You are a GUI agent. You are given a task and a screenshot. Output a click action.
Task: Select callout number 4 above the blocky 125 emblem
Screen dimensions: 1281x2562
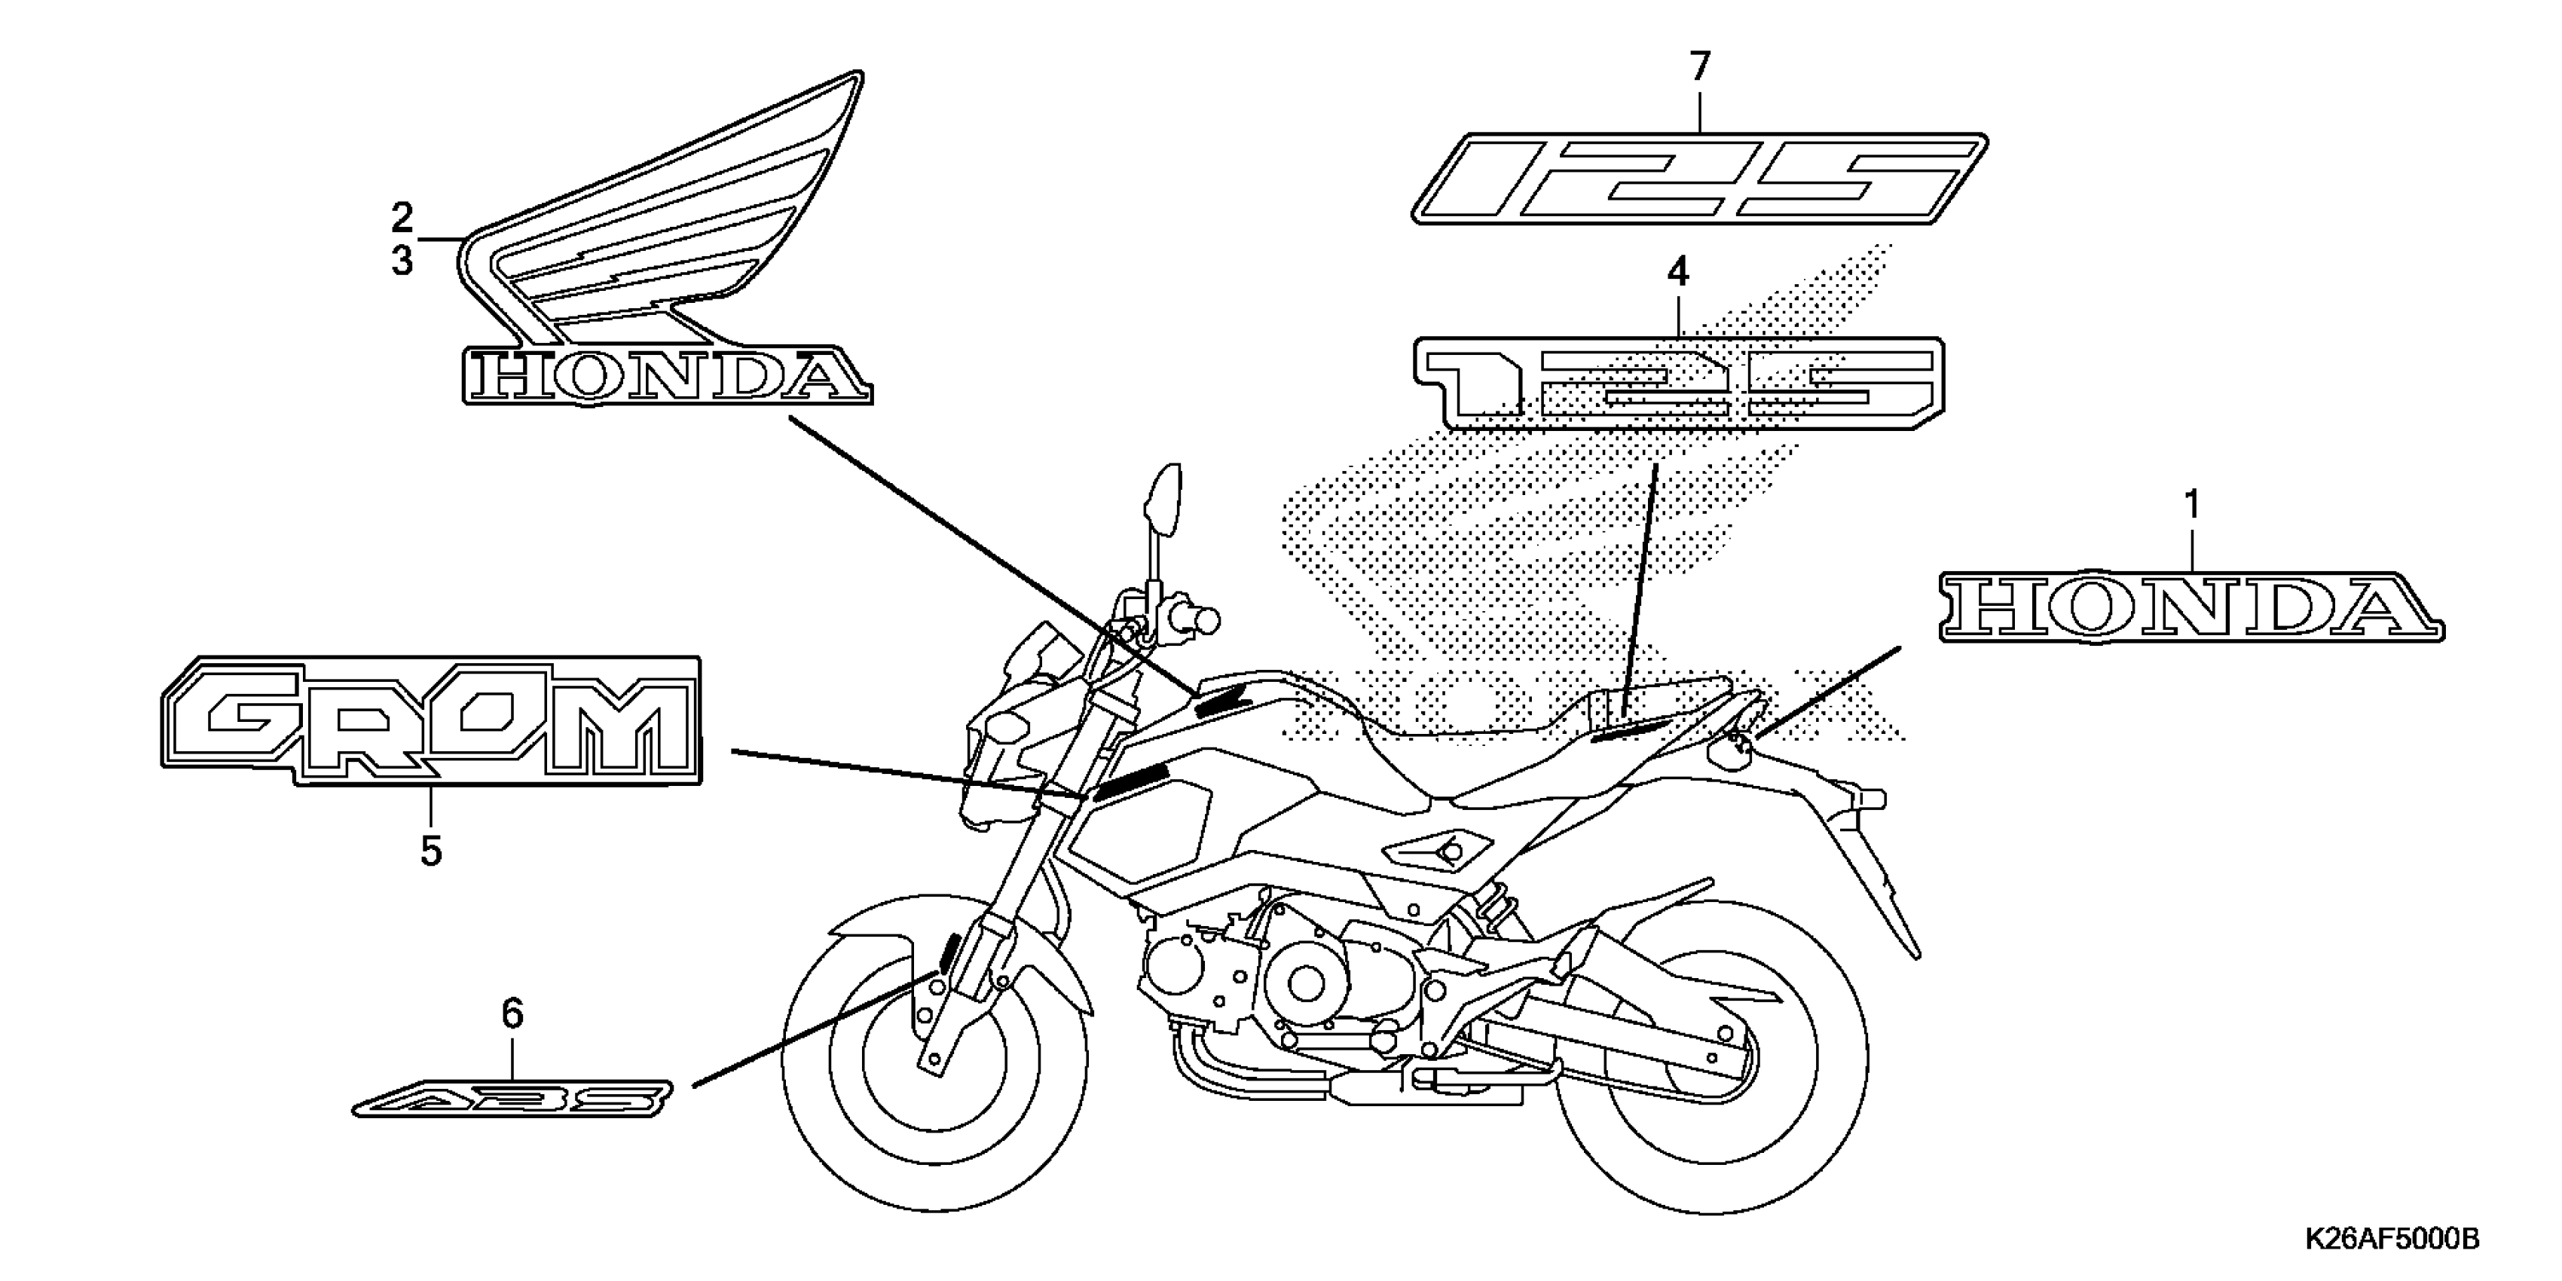(1678, 271)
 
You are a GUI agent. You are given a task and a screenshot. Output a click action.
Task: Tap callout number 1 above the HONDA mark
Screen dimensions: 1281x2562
(2191, 506)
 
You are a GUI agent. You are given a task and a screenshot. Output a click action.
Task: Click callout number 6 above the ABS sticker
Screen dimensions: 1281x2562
(512, 1014)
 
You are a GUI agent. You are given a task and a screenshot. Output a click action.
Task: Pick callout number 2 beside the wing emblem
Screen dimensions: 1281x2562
(402, 217)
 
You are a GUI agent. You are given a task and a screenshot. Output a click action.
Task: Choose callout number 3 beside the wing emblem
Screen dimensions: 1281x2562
(402, 261)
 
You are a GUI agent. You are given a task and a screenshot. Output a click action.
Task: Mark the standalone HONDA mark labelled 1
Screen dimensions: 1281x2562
(2191, 607)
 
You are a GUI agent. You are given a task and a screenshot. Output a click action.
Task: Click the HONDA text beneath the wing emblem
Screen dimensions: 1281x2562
(666, 377)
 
